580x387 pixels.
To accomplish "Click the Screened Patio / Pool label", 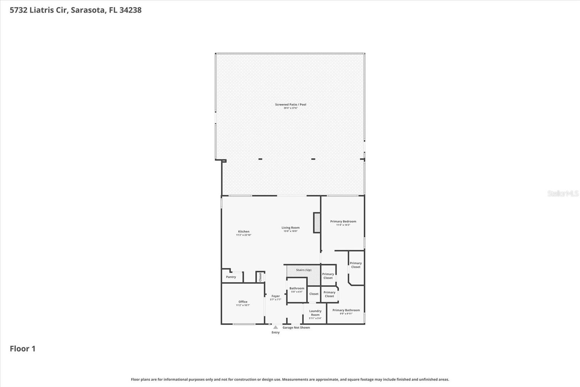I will (x=290, y=105).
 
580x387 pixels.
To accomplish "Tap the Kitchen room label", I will (x=244, y=232).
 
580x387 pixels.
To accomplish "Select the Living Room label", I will (x=290, y=228).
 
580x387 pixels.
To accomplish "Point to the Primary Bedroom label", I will (x=343, y=221).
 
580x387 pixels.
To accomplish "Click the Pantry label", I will (x=231, y=277).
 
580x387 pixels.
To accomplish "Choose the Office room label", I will (x=243, y=302).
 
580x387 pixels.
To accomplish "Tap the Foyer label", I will (x=275, y=296).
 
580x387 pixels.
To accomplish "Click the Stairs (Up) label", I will (x=303, y=270).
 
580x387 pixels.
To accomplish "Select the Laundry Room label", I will (x=315, y=313).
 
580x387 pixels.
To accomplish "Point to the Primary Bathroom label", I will (x=346, y=310).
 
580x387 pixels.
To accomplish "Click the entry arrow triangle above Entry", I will (x=275, y=327).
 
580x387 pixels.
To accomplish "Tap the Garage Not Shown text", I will (x=296, y=327).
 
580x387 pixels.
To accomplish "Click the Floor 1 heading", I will (x=22, y=349).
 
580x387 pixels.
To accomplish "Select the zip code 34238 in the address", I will (x=130, y=10).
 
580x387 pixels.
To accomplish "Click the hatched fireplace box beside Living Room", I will (x=317, y=223).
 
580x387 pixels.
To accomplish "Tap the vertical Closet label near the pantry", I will (x=260, y=277).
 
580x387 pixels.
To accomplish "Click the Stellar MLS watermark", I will (x=563, y=193).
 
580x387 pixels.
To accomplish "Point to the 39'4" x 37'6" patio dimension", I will (x=290, y=108).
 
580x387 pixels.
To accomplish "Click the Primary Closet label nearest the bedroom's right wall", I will (x=356, y=265).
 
